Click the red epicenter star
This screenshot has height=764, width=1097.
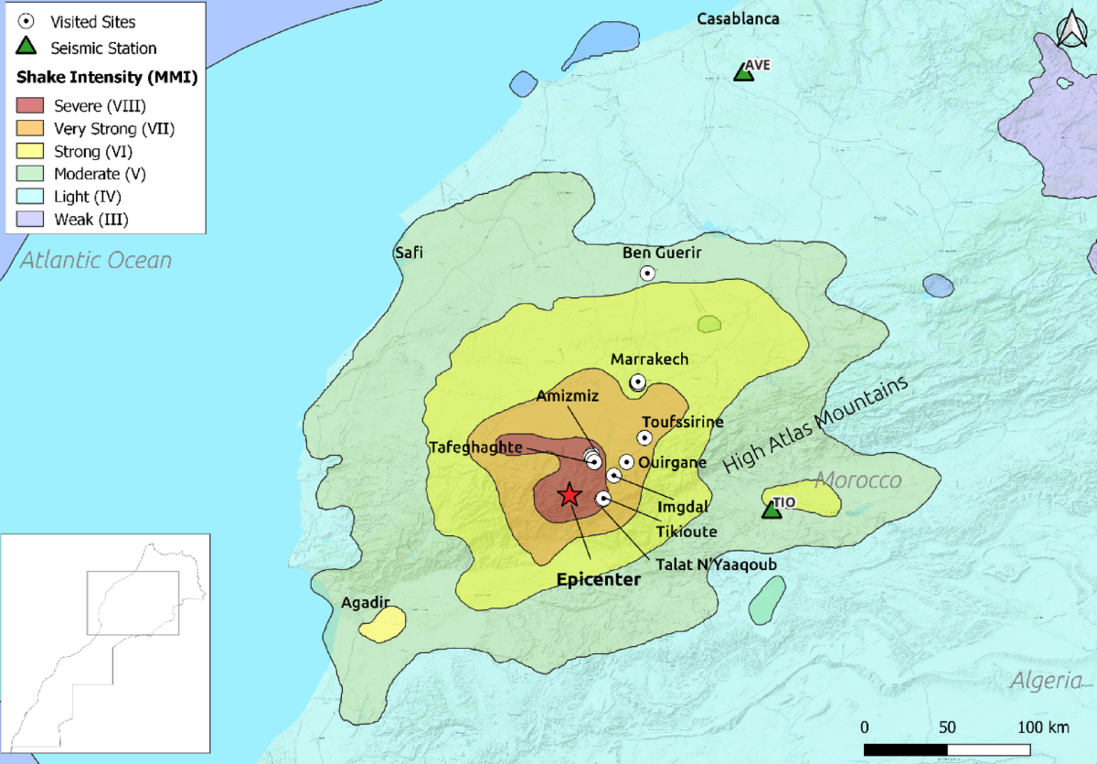[x=570, y=495]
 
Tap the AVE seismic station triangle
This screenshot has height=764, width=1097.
[x=744, y=72]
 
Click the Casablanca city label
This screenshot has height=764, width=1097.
[x=738, y=18]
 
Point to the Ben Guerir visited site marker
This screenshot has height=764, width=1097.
[x=647, y=273]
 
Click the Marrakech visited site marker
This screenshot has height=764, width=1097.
[x=637, y=382]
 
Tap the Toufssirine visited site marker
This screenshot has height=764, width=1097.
[x=644, y=438]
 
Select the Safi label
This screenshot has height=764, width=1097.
[x=408, y=253]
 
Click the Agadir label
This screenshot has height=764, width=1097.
[x=366, y=603]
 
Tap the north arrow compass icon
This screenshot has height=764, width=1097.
[x=1069, y=29]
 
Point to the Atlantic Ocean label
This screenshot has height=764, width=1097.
[x=96, y=261]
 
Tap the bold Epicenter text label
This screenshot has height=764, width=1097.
[x=599, y=580]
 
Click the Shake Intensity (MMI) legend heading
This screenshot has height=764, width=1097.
[x=108, y=78]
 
